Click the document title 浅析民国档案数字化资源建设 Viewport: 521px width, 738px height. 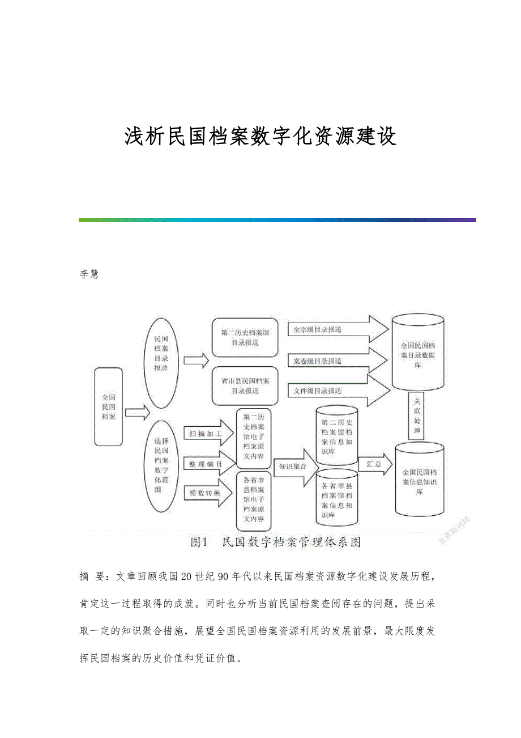(260, 137)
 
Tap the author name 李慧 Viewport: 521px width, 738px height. (89, 274)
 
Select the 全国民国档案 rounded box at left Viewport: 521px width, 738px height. (109, 406)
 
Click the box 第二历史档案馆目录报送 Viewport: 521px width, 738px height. (245, 338)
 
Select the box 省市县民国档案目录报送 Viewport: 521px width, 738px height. (245, 385)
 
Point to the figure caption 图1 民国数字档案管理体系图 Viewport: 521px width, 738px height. (276, 542)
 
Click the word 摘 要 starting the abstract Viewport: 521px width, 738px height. (91, 576)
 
